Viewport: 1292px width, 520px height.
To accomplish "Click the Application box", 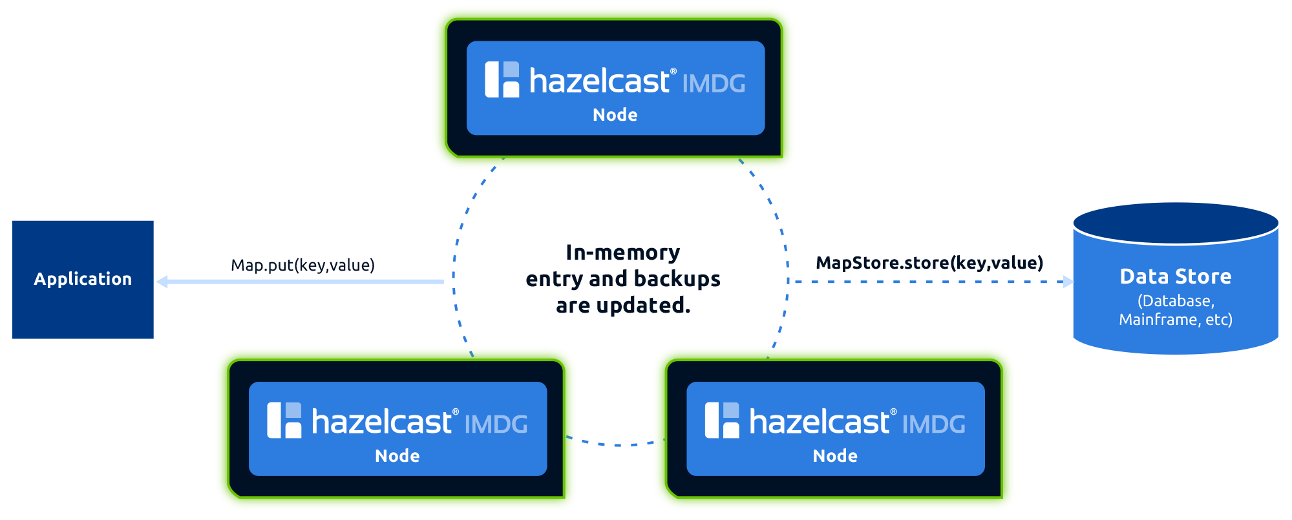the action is pyautogui.click(x=83, y=279).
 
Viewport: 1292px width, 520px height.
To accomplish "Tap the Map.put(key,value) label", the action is pyautogui.click(x=302, y=265).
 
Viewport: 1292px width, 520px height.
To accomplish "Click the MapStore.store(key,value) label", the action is pyautogui.click(x=929, y=263).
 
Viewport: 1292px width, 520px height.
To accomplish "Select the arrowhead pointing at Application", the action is pyautogui.click(x=162, y=282).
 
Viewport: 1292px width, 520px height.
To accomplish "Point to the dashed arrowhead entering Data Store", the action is pyautogui.click(x=1068, y=282).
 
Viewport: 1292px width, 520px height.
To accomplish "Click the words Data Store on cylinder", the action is pyautogui.click(x=1175, y=276).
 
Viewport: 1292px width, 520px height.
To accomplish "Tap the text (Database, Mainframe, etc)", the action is pyautogui.click(x=1175, y=310).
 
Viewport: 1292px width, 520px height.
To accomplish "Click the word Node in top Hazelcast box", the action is pyautogui.click(x=615, y=115).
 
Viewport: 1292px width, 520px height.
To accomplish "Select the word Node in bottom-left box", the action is pyautogui.click(x=397, y=456).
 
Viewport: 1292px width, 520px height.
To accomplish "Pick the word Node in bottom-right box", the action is pyautogui.click(x=834, y=456).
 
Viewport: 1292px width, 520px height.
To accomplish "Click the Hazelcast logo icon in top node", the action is pyautogui.click(x=502, y=79).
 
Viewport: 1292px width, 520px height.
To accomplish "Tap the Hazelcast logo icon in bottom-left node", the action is pyautogui.click(x=284, y=421).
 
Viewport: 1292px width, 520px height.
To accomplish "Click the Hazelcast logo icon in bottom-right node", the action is pyautogui.click(x=722, y=421).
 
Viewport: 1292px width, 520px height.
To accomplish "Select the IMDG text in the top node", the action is pyautogui.click(x=714, y=84).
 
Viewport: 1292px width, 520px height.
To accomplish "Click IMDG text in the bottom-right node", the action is pyautogui.click(x=933, y=425).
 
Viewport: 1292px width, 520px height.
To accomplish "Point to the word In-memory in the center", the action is pyautogui.click(x=622, y=253).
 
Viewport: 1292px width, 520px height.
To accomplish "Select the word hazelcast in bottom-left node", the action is pyautogui.click(x=381, y=422).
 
